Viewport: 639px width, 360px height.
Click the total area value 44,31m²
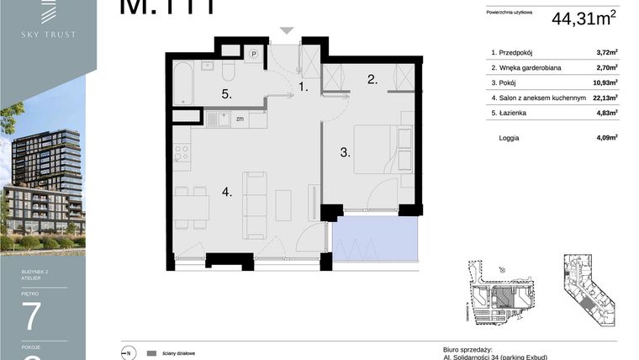click(584, 18)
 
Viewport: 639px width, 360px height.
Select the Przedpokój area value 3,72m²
click(606, 51)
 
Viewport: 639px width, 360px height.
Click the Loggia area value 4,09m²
click(606, 137)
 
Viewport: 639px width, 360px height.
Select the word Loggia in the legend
click(509, 137)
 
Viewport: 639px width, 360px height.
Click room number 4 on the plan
click(226, 192)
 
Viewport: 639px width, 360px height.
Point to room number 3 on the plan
click(343, 152)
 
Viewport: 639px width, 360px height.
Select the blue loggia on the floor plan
click(373, 240)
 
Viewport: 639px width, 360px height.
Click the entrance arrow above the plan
click(287, 30)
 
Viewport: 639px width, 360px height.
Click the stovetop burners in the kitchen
click(181, 153)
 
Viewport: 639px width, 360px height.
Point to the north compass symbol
click(129, 353)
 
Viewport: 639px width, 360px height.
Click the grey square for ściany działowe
click(151, 353)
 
